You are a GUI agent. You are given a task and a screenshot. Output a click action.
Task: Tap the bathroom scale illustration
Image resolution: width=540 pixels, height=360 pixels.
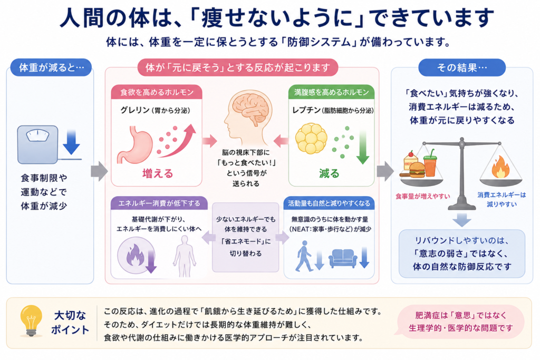(38, 144)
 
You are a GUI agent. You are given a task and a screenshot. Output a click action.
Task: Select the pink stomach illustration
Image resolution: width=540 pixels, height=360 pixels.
(135, 144)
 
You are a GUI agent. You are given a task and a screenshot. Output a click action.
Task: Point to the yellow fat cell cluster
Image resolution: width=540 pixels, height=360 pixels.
(311, 138)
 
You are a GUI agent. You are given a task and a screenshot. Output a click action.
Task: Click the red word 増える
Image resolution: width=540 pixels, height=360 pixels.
(158, 173)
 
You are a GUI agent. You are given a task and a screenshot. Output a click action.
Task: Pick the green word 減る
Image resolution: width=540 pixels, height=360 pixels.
(329, 173)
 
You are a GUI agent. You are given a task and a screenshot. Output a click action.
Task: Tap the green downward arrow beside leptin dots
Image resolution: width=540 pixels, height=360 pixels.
(363, 147)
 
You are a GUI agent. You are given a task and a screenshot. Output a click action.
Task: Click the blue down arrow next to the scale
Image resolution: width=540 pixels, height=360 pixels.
(71, 142)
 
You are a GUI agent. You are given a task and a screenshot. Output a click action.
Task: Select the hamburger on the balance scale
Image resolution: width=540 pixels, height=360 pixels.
(417, 169)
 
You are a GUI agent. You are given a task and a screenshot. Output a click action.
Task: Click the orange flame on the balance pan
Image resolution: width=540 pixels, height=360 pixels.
(500, 167)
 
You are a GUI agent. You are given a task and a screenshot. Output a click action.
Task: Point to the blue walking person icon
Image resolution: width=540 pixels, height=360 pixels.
(304, 256)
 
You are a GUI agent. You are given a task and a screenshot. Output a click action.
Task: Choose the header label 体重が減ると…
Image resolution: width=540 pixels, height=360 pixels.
(51, 67)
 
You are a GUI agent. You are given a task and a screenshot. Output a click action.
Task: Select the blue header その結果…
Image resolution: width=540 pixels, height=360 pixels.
(462, 67)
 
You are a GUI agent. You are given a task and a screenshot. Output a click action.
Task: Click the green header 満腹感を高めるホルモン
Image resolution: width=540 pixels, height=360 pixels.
(331, 92)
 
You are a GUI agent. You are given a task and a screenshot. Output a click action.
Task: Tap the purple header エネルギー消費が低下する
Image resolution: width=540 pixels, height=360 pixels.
(159, 203)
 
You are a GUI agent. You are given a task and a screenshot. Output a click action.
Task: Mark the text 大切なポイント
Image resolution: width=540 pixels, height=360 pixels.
(70, 323)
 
